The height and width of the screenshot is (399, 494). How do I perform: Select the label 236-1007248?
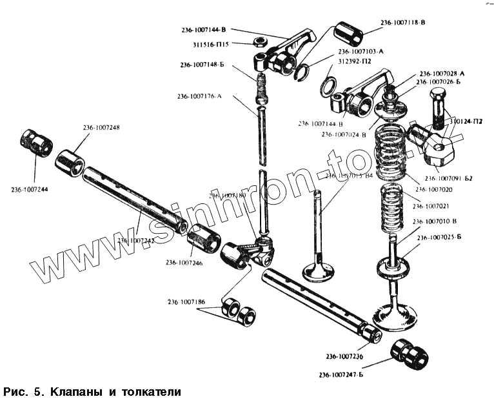coord(101,127)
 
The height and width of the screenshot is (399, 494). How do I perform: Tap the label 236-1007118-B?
coord(402,23)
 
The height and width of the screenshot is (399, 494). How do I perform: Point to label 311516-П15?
coord(215,45)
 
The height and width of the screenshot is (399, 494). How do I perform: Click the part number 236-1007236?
coord(344,356)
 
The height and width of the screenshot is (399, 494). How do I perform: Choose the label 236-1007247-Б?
coord(341,375)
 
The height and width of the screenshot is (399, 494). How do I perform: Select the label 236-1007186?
coord(186,302)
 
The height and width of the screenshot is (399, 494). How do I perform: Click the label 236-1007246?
coord(184,262)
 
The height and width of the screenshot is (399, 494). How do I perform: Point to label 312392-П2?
coord(355,61)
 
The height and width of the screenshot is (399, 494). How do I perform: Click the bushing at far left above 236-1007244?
coord(36,141)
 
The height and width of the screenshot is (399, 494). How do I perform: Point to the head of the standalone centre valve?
coord(317,270)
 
